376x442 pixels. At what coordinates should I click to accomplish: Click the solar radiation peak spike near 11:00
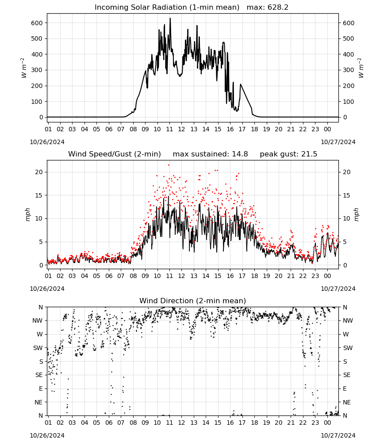tap(170, 19)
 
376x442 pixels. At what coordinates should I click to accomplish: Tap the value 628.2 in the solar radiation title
tap(278, 8)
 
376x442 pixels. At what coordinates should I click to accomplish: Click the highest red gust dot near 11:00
tap(169, 165)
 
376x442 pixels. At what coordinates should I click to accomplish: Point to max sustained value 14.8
tap(240, 154)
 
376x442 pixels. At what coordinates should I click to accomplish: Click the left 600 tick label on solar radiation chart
tap(37, 23)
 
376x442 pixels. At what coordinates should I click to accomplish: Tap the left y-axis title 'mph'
tap(27, 215)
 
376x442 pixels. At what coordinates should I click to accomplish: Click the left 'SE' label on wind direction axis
tap(39, 375)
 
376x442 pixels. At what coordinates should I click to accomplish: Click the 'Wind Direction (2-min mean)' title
tap(193, 301)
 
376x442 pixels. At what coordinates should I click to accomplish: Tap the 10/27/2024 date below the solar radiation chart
tap(338, 142)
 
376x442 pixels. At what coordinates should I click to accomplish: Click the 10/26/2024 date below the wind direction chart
tap(47, 435)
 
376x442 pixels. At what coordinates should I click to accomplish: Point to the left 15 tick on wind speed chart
tap(39, 195)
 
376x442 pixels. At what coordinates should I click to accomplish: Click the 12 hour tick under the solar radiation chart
tap(181, 130)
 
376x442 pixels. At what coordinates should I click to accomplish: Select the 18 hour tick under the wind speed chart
tap(254, 276)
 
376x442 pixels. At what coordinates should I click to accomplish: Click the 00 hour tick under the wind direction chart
tap(327, 423)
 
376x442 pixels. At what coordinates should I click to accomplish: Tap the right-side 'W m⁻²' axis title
tap(361, 68)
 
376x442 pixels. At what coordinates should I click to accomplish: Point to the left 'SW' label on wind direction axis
tap(38, 348)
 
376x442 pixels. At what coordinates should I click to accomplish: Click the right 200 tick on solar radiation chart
tap(349, 86)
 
